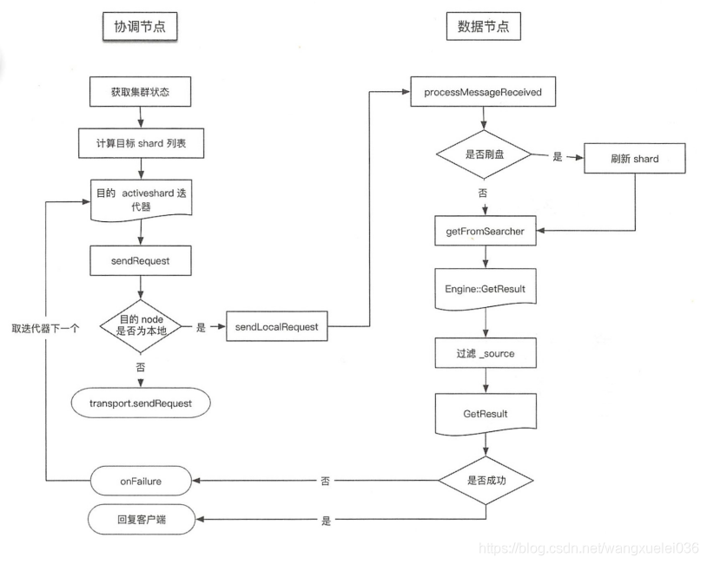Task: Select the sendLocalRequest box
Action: click(276, 327)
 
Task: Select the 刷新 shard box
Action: click(635, 158)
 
